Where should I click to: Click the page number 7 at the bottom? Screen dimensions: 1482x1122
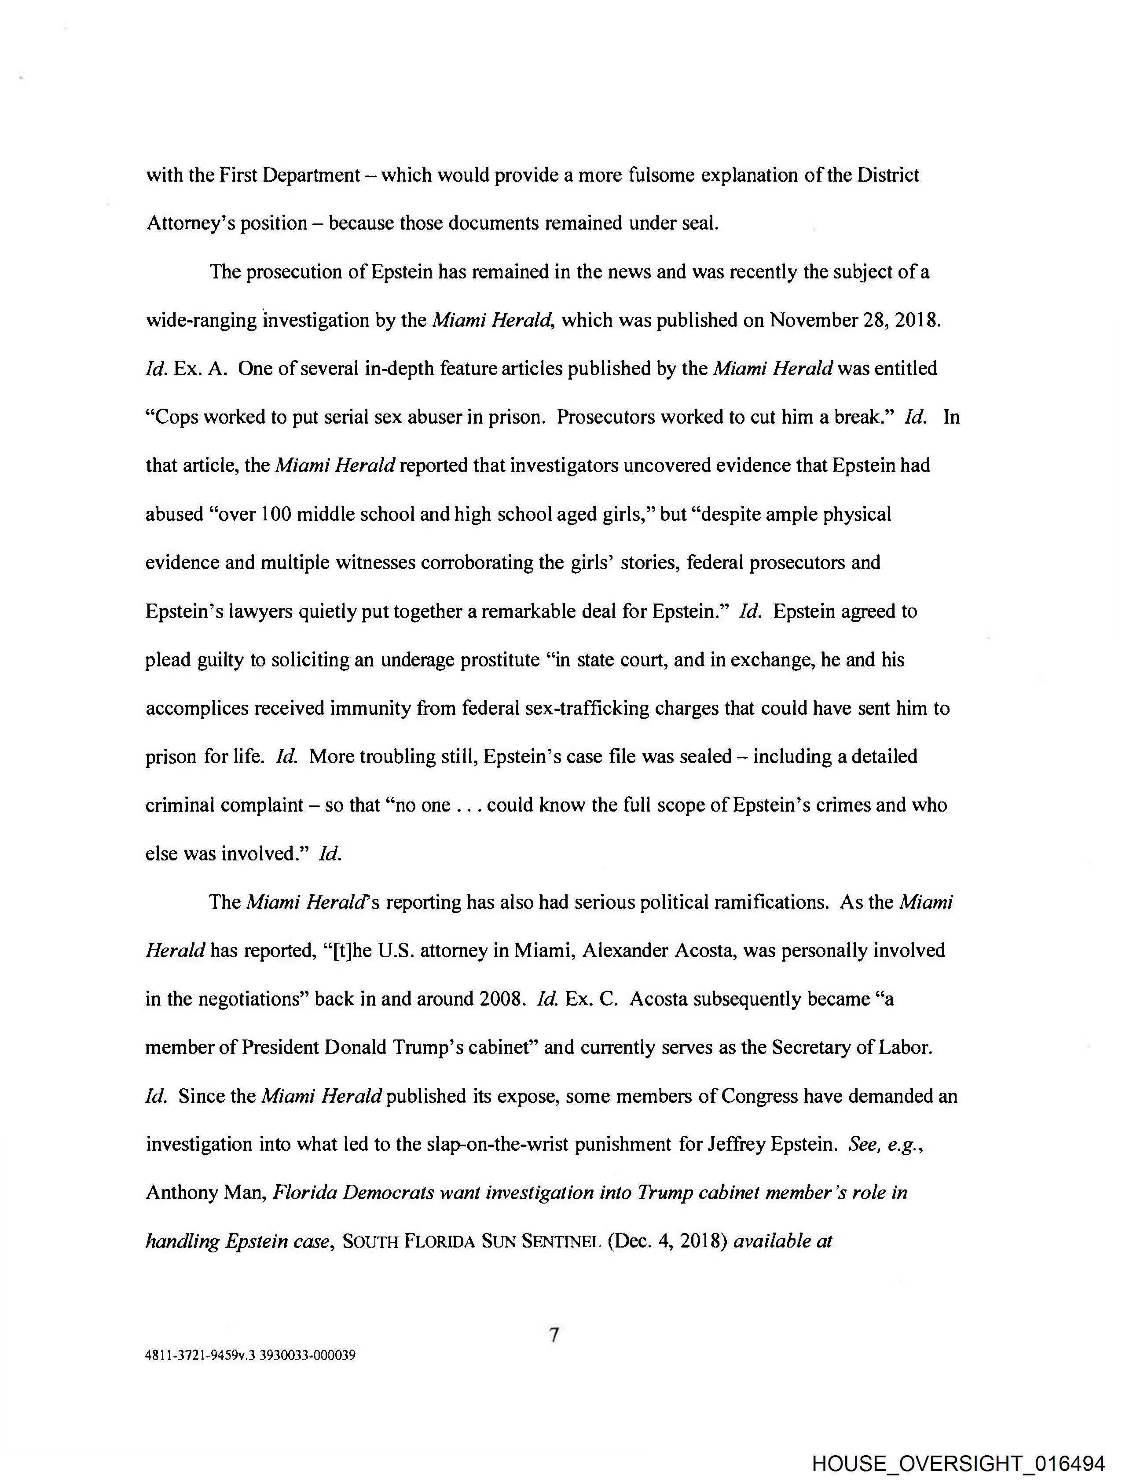click(554, 1335)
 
